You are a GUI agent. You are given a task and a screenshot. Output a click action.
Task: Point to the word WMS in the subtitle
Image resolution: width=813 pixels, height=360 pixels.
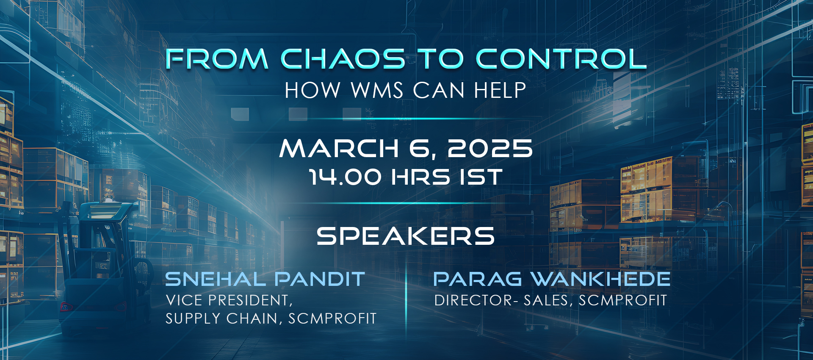coord(377,90)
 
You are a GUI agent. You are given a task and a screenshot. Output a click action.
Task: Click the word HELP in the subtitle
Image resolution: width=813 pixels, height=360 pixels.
coord(500,90)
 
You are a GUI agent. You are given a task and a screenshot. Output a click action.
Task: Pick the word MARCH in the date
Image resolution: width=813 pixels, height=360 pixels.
coord(339,149)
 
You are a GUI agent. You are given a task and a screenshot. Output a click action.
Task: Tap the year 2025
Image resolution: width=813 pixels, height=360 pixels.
coord(490,149)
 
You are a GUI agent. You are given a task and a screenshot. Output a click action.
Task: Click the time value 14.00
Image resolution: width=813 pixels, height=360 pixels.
coord(345,177)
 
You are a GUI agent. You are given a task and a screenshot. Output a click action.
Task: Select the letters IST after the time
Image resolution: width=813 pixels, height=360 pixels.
coord(481,177)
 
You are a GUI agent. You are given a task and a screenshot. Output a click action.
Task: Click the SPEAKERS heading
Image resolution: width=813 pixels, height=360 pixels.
coord(406,236)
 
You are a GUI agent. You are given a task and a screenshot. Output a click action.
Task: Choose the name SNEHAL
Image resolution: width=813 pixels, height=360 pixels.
coord(216,279)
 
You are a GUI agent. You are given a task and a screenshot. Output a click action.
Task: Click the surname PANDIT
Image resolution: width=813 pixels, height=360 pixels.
coord(320,279)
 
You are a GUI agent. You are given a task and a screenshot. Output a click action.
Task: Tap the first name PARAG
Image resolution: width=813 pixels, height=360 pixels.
coord(478,279)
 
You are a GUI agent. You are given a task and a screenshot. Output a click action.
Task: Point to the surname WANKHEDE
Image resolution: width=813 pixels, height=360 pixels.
coord(600,279)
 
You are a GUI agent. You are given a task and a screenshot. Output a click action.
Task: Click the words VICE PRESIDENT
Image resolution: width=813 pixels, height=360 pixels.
coord(229,300)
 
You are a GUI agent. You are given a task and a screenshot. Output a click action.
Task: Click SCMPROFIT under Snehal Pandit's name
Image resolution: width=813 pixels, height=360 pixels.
coord(332,318)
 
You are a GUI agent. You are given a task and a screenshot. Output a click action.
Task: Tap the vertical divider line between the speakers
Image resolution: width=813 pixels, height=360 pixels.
coord(406,299)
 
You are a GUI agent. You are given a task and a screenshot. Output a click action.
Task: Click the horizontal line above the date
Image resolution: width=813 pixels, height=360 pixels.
coord(406,119)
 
